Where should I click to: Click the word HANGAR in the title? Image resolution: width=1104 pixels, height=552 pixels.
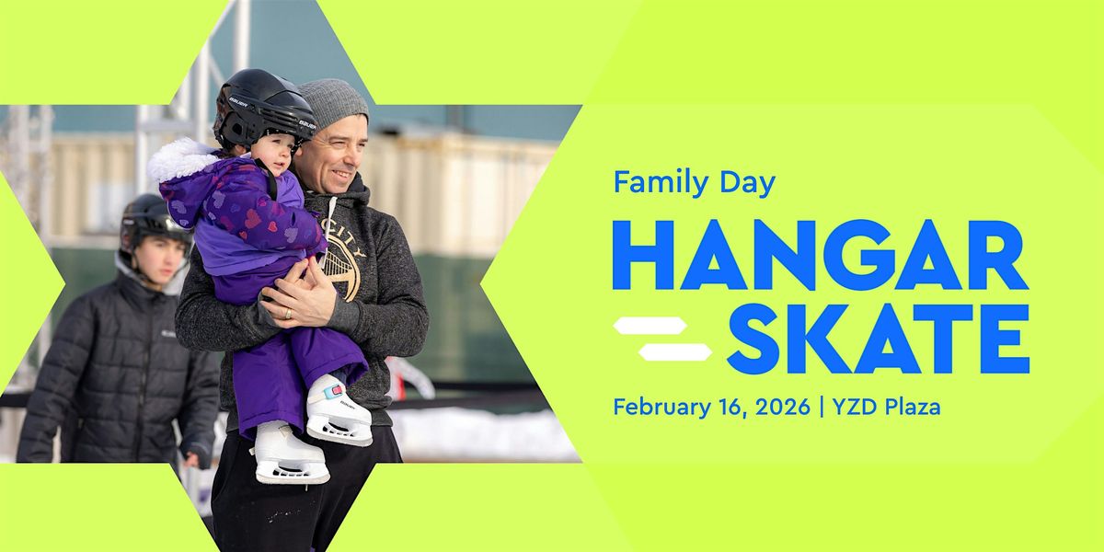(x=820, y=255)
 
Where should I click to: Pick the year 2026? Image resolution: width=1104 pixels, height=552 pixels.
(x=779, y=406)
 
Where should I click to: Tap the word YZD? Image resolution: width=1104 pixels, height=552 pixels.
(x=853, y=406)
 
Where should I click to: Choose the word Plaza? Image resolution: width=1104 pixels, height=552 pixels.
(x=910, y=406)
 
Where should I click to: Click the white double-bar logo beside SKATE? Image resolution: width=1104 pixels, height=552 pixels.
(x=662, y=339)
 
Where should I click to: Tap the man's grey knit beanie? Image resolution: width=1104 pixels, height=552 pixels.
(x=333, y=103)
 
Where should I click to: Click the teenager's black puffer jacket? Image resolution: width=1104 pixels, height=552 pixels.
(x=110, y=368)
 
